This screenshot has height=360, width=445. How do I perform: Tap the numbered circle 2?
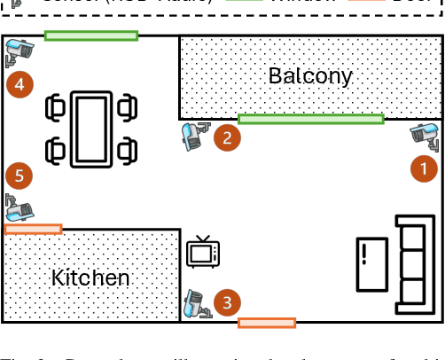[228, 137]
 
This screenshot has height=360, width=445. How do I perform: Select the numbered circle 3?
[228, 303]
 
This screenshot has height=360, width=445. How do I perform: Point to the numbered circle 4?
[20, 85]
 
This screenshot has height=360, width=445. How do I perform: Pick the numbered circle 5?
[20, 175]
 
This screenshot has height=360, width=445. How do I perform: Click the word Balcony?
[310, 75]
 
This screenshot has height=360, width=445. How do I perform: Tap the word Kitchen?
[90, 278]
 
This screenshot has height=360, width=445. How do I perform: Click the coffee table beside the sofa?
[371, 263]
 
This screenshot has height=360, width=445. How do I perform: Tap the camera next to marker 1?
[425, 135]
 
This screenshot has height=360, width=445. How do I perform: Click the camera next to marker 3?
[197, 304]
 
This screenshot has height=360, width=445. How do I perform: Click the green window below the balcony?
[310, 118]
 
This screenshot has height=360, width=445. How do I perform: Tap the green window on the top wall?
[91, 35]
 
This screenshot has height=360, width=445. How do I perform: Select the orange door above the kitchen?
[34, 229]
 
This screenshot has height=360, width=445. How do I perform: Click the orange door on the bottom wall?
[266, 323]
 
